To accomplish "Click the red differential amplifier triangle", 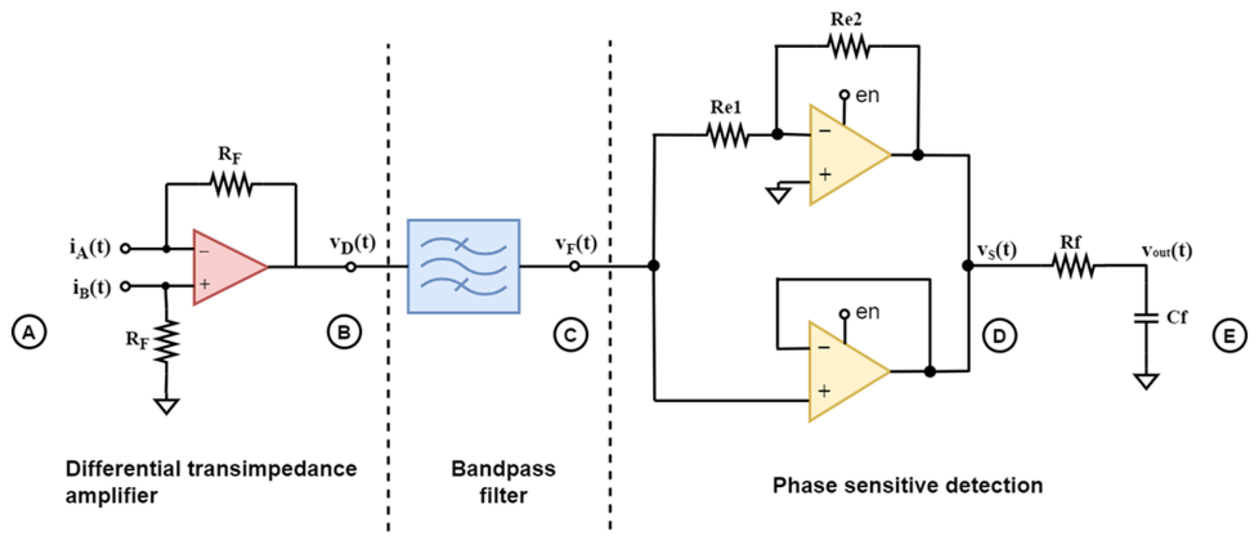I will tap(225, 267).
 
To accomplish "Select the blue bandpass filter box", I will tap(464, 266).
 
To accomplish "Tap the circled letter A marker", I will tap(29, 332).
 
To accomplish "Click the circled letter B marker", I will tap(344, 332).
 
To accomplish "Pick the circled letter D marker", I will tap(999, 336).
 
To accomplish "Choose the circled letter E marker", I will tap(1229, 336).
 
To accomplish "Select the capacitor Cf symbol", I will tap(1146, 318).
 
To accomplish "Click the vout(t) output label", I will tap(1167, 251).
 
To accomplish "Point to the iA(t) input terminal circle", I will tap(125, 249).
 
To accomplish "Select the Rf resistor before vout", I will tap(1074, 266).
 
